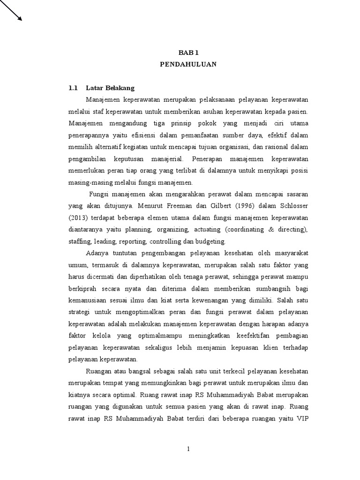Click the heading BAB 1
[187, 53]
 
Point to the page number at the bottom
[188, 449]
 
